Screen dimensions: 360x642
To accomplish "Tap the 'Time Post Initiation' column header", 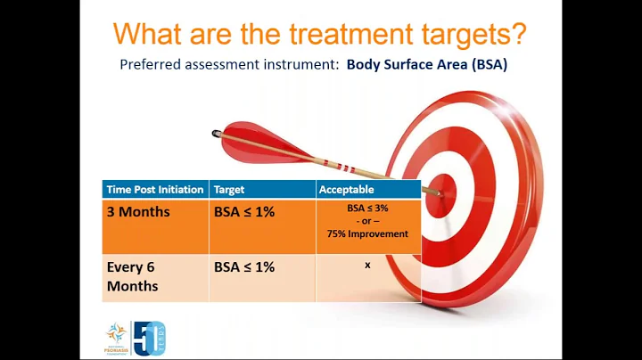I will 155,190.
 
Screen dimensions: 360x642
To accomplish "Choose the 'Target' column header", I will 228,190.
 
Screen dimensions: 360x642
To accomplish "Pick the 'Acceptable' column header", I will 347,190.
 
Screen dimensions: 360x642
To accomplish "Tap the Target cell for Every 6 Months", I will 243,266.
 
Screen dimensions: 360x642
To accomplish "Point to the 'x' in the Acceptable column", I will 367,265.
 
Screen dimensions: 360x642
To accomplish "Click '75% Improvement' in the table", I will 367,233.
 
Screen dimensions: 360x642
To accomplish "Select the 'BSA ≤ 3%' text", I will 367,207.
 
